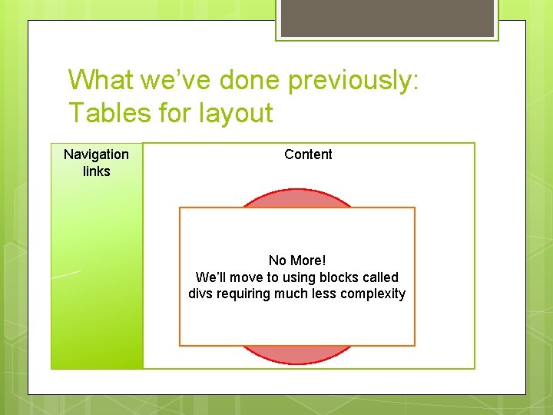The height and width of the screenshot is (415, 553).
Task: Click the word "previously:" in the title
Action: [x=353, y=81]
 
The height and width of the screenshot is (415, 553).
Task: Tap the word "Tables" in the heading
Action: [x=110, y=112]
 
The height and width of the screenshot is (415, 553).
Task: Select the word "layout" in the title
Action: [x=236, y=114]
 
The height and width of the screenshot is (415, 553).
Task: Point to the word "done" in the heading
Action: [x=250, y=79]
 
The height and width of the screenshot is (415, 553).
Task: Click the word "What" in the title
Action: [x=101, y=79]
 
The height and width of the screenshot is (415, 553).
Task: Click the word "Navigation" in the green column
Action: [x=96, y=155]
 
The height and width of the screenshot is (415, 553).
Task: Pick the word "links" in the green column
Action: [x=97, y=171]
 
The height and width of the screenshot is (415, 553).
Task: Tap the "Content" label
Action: [x=308, y=154]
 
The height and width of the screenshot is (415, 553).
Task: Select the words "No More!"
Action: [x=297, y=261]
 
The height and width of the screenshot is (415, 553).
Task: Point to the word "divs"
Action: [x=200, y=294]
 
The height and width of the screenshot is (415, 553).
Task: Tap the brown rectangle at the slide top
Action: [x=387, y=18]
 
